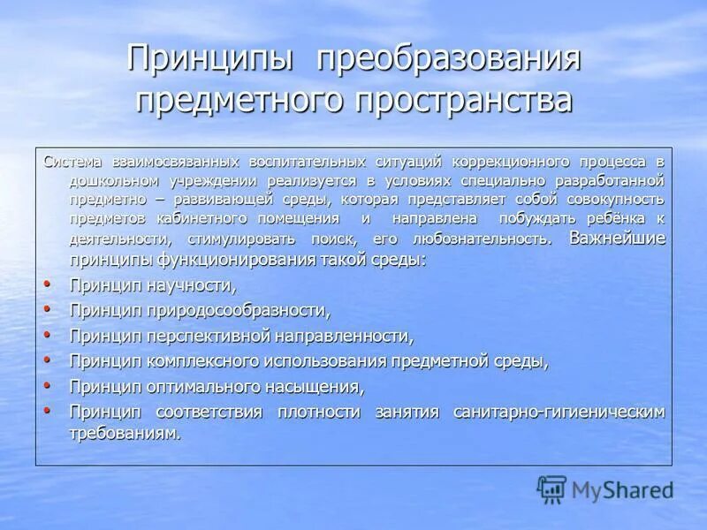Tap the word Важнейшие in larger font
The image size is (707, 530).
pyautogui.click(x=617, y=238)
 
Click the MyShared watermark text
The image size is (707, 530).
pyautogui.click(x=622, y=490)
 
